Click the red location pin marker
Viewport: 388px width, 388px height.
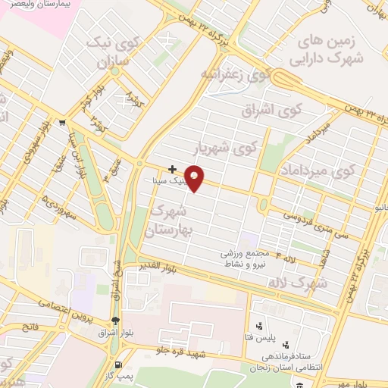[195, 177]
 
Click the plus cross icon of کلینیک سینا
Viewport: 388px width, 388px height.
[173, 168]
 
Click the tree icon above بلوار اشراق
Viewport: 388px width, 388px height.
[115, 321]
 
